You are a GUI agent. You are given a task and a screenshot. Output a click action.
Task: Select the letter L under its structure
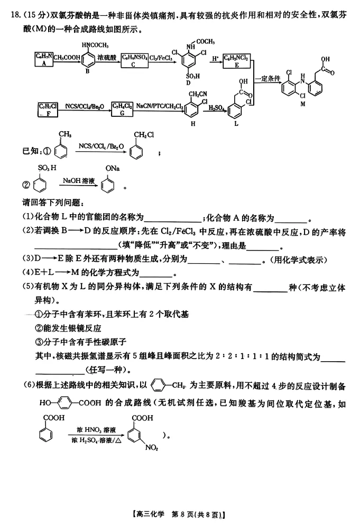[236, 124]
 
